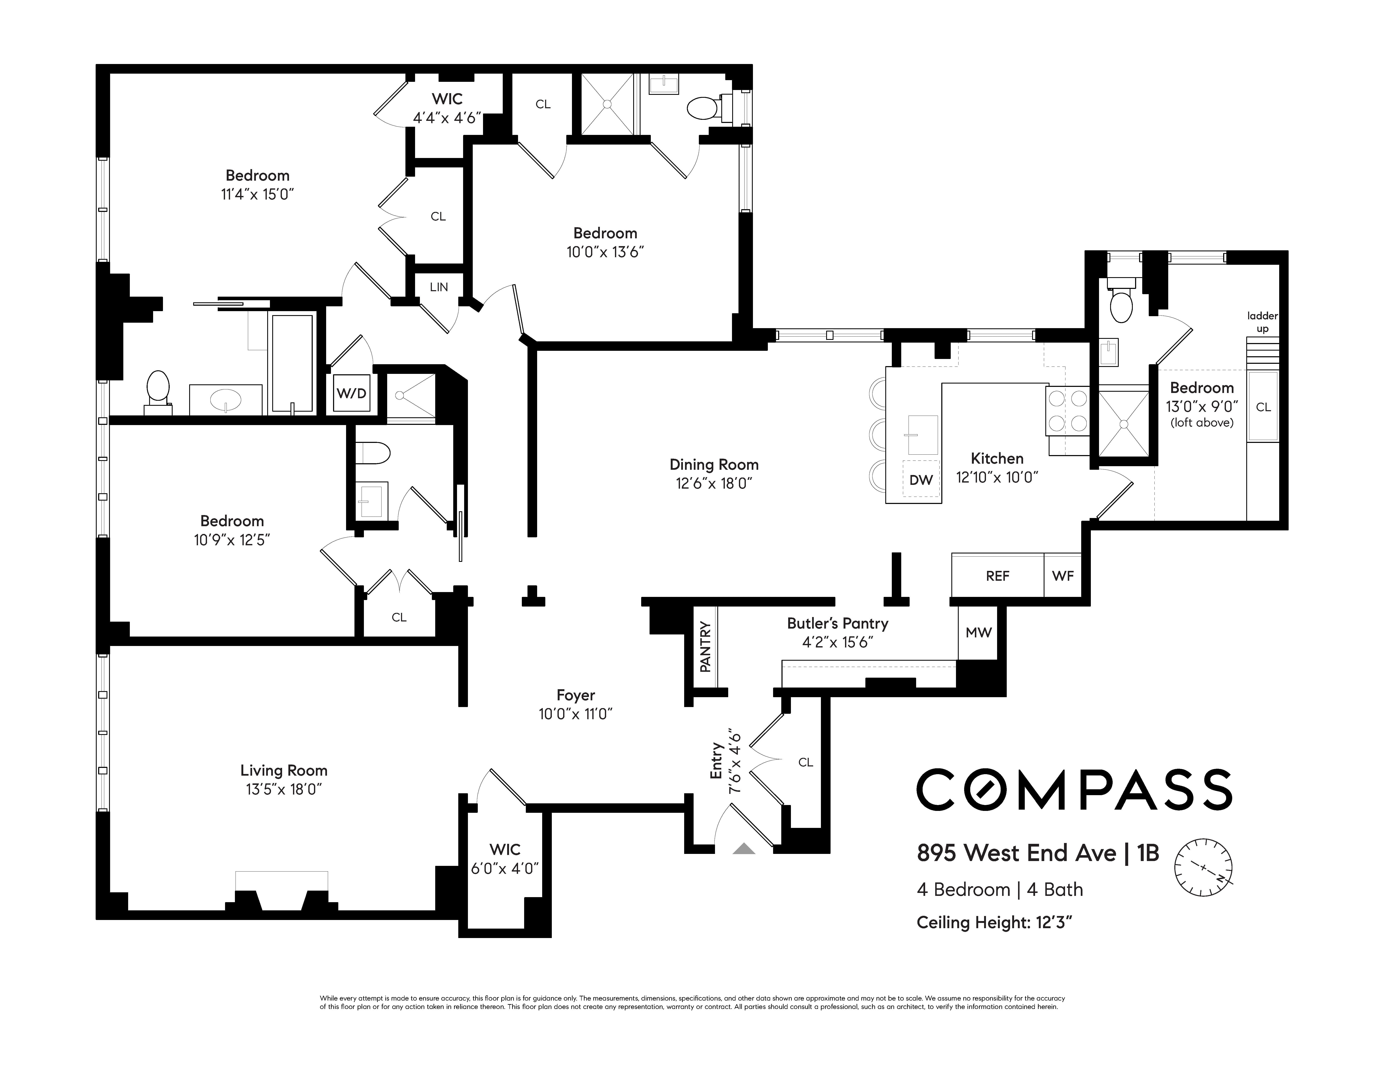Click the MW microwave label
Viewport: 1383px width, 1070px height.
click(978, 632)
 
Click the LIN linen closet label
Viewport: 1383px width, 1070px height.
click(439, 287)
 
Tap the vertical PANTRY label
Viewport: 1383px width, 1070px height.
click(705, 647)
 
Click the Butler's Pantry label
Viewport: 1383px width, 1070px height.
click(837, 623)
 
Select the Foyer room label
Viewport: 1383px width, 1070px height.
click(576, 695)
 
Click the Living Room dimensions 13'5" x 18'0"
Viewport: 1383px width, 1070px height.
click(284, 789)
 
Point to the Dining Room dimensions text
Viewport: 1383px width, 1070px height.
click(714, 483)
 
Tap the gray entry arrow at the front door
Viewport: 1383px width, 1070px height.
click(744, 848)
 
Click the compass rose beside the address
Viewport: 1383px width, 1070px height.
click(1203, 867)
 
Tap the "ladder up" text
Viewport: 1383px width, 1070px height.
click(1262, 322)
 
